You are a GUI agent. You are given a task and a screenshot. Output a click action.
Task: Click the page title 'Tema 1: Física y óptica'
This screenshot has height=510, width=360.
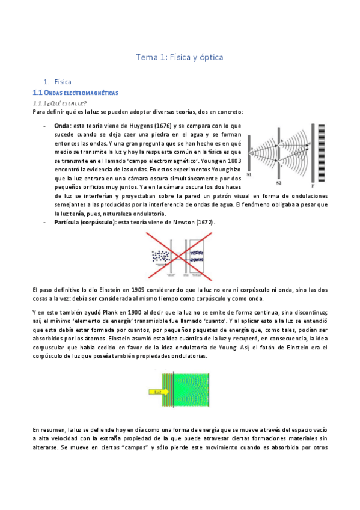180,58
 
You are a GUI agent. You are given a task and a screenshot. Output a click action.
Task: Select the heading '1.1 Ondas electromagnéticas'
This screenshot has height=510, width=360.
75,93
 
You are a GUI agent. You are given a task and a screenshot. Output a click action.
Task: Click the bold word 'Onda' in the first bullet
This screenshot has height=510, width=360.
62,126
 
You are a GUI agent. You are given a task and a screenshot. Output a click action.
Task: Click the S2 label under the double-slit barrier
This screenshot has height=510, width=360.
279,181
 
